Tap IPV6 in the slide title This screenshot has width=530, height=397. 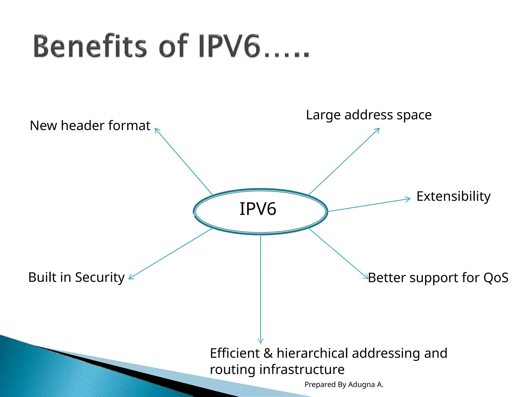[x=229, y=46]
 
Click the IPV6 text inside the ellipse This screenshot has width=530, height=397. [x=258, y=209]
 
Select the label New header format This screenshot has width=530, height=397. [x=90, y=126]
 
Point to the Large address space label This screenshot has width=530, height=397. [x=369, y=115]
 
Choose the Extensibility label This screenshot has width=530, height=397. [x=453, y=196]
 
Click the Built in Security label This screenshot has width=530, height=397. [x=76, y=277]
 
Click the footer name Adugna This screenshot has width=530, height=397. [x=362, y=385]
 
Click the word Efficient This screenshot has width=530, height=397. [x=235, y=353]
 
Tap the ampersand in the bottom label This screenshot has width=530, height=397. [x=268, y=353]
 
